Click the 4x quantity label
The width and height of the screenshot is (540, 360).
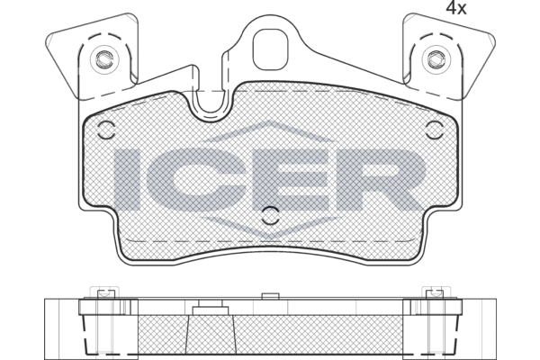coord(456,8)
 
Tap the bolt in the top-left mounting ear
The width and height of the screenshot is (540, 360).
coord(104,58)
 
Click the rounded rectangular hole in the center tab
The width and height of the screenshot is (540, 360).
coord(270,49)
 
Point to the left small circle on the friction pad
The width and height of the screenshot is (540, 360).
coord(106,130)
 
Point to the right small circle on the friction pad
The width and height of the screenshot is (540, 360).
coord(435,130)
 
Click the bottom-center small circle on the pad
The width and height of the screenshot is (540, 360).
coord(270,216)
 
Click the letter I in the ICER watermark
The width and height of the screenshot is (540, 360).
coord(126,180)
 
